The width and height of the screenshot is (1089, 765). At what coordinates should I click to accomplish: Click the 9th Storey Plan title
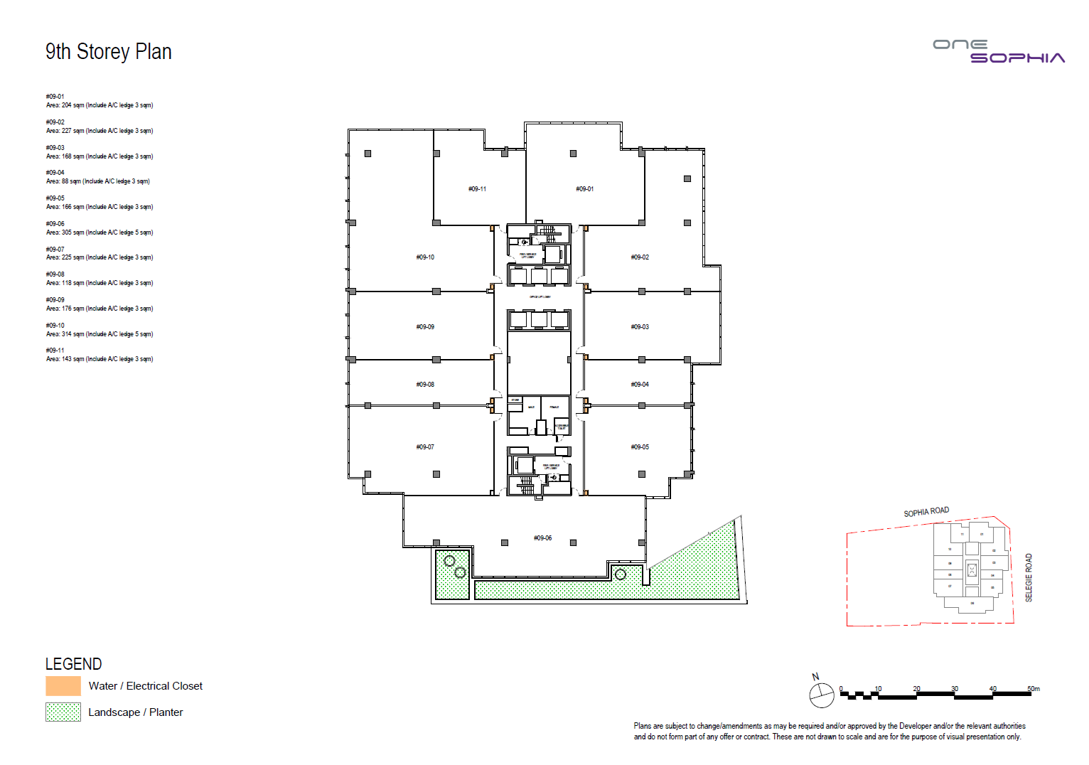[x=108, y=52]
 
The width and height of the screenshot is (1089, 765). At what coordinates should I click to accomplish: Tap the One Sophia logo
[x=998, y=51]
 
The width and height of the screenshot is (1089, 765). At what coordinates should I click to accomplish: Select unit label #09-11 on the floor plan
[x=477, y=189]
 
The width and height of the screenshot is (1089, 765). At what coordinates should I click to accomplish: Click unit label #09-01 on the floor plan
[x=584, y=189]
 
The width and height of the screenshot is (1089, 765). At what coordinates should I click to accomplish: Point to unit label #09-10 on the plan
[x=425, y=257]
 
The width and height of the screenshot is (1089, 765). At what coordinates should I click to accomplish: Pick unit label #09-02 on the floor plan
[x=640, y=257]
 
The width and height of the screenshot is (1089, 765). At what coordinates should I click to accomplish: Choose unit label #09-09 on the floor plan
[x=425, y=327]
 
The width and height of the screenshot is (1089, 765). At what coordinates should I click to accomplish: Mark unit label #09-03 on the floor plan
[x=640, y=327]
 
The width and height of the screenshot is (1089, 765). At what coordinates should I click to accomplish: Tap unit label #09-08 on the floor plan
[x=425, y=385]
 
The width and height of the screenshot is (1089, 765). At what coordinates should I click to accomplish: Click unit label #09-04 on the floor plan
[x=640, y=385]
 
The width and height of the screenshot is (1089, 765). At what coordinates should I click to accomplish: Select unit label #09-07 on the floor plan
[x=425, y=447]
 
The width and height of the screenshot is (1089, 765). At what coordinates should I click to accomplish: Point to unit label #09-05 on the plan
[x=640, y=447]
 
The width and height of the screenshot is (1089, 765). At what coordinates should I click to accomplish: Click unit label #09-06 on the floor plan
[x=542, y=538]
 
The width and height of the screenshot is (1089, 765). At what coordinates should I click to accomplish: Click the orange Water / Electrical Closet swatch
[x=63, y=686]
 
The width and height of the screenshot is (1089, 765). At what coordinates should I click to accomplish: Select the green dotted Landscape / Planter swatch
[x=63, y=712]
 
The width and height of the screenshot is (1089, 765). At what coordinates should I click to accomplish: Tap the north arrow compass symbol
[x=821, y=695]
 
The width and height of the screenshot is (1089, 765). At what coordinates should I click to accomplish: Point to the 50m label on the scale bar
[x=1033, y=689]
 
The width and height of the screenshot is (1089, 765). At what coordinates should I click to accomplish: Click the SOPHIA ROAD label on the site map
[x=926, y=512]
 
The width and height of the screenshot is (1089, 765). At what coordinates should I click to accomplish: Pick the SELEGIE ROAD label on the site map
[x=1029, y=577]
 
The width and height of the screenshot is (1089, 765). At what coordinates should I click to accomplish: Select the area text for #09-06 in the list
[x=100, y=232]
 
